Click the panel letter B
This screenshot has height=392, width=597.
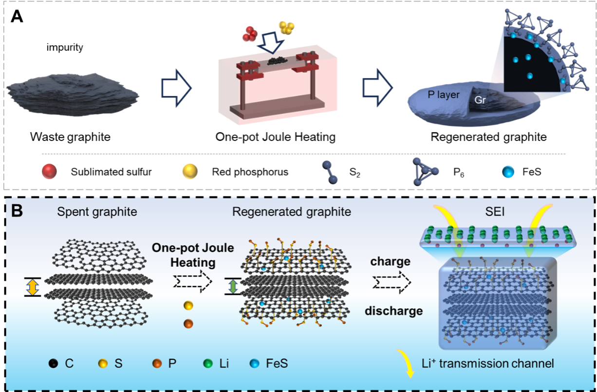[17, 212]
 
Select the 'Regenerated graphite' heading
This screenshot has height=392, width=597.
[292, 212]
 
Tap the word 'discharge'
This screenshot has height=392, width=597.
[394, 311]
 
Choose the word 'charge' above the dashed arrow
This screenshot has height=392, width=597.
[390, 261]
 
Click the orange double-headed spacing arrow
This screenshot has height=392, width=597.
[33, 287]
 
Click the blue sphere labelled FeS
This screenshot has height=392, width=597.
[254, 363]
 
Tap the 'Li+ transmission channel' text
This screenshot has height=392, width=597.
[487, 363]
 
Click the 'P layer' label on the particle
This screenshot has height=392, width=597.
[443, 95]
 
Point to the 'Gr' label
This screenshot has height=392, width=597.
[480, 100]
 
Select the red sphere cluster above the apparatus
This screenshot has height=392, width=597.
[251, 34]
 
